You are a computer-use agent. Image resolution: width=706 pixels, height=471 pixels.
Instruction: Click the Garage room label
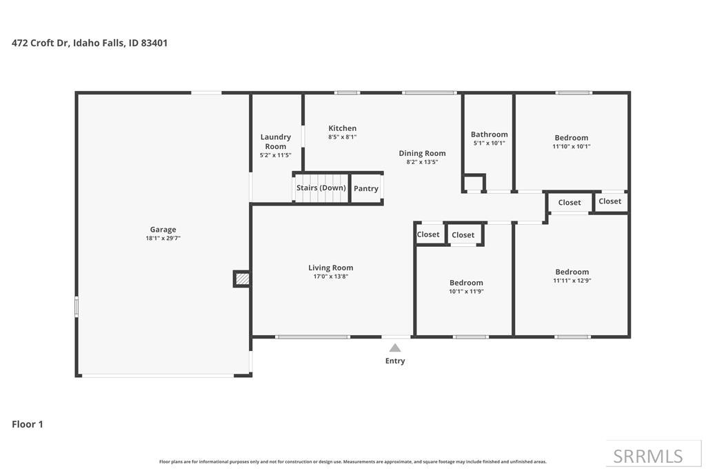click(x=163, y=230)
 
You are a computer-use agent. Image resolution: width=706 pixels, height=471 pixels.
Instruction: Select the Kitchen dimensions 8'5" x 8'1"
click(x=342, y=137)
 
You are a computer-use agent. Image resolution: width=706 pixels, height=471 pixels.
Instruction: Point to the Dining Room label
click(x=422, y=153)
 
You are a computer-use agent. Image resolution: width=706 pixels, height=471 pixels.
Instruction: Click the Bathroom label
click(x=489, y=134)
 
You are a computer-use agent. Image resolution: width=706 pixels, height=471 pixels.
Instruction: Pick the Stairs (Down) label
click(x=321, y=188)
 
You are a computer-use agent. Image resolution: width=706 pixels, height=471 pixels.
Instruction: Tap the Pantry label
click(x=366, y=188)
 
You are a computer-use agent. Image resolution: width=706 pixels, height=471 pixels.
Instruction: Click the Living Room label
click(x=330, y=268)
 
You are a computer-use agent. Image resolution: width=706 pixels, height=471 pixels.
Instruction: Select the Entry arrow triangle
click(x=394, y=348)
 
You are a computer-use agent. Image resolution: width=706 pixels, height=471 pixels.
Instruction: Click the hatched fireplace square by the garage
click(x=242, y=279)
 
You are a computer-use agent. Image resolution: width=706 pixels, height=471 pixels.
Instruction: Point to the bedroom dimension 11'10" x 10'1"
click(x=571, y=146)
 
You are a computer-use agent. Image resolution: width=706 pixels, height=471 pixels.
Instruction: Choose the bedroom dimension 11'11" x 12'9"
click(x=572, y=281)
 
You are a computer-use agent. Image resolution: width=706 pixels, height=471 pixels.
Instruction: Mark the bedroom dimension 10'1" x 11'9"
click(x=466, y=292)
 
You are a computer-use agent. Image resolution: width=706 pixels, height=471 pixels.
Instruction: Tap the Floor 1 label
click(x=28, y=424)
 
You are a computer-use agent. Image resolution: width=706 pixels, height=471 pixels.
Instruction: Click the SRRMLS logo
click(x=648, y=456)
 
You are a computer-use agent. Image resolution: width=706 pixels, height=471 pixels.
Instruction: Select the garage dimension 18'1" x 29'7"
click(x=163, y=239)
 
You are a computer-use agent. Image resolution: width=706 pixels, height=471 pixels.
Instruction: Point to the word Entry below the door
click(x=395, y=361)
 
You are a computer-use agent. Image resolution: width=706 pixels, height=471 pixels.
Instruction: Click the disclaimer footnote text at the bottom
click(x=352, y=461)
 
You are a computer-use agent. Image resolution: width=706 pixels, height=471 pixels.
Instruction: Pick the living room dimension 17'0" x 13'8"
click(x=330, y=277)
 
